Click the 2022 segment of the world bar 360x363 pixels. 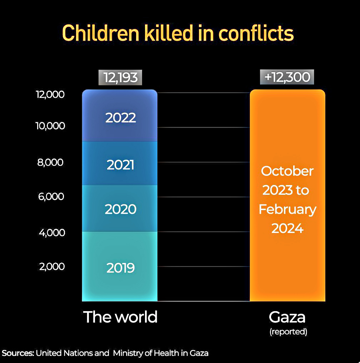click(x=120, y=117)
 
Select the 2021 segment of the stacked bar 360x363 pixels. click(x=120, y=164)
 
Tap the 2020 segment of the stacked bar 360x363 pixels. click(x=120, y=209)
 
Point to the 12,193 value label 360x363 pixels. click(x=120, y=78)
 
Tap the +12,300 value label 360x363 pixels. click(x=287, y=77)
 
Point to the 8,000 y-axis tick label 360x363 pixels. click(x=51, y=162)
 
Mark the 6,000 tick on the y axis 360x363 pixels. click(x=51, y=196)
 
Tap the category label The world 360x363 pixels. click(x=120, y=317)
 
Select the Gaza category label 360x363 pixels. click(x=287, y=317)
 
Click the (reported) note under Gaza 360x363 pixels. click(x=288, y=332)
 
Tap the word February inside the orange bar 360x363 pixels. click(x=287, y=209)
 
